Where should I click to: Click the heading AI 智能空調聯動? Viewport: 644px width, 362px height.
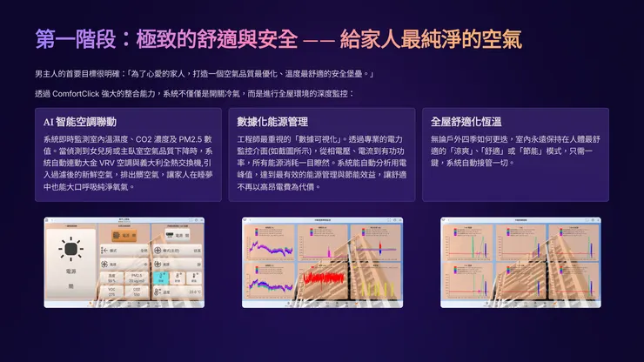point(79,122)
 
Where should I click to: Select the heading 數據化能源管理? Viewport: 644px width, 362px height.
point(272,122)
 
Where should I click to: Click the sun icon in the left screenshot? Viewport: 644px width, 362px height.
point(70,248)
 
